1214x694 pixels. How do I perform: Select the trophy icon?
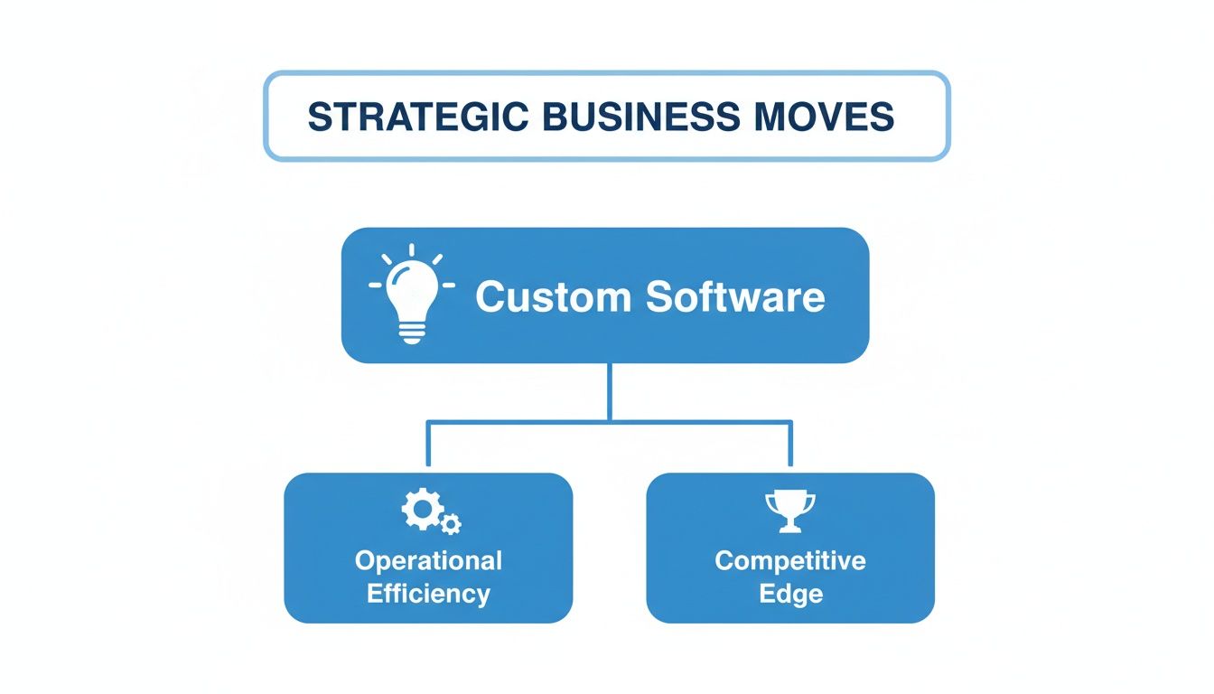pyautogui.click(x=789, y=510)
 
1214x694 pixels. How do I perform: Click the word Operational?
pyautogui.click(x=428, y=560)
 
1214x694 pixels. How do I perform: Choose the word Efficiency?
pyautogui.click(x=428, y=594)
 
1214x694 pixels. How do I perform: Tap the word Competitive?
pyautogui.click(x=790, y=560)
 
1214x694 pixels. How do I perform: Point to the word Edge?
pyautogui.click(x=790, y=594)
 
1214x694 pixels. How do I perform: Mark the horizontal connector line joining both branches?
pyautogui.click(x=542, y=421)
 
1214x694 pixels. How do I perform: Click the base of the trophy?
pyautogui.click(x=789, y=528)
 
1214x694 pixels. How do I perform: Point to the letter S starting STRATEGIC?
pyautogui.click(x=317, y=117)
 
